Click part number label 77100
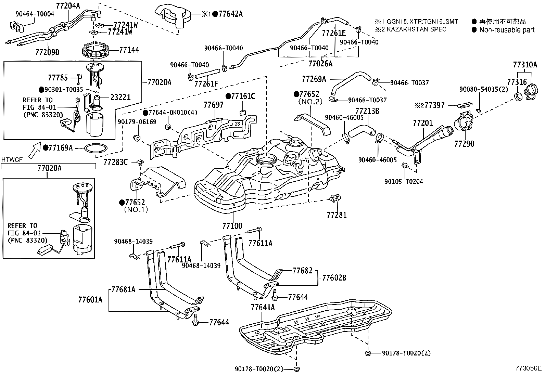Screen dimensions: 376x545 (x=232, y=226)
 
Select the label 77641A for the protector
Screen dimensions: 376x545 (x=263, y=307)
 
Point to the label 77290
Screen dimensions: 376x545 (x=464, y=144)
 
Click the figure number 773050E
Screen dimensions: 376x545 (x=528, y=368)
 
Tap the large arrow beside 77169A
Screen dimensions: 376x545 (x=34, y=151)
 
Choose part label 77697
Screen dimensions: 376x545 (x=214, y=105)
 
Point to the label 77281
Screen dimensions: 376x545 (x=337, y=215)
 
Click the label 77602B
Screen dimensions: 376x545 (x=334, y=278)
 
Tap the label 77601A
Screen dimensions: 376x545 (x=90, y=300)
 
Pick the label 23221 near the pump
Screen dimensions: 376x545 (x=120, y=97)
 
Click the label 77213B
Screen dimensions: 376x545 (x=367, y=111)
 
